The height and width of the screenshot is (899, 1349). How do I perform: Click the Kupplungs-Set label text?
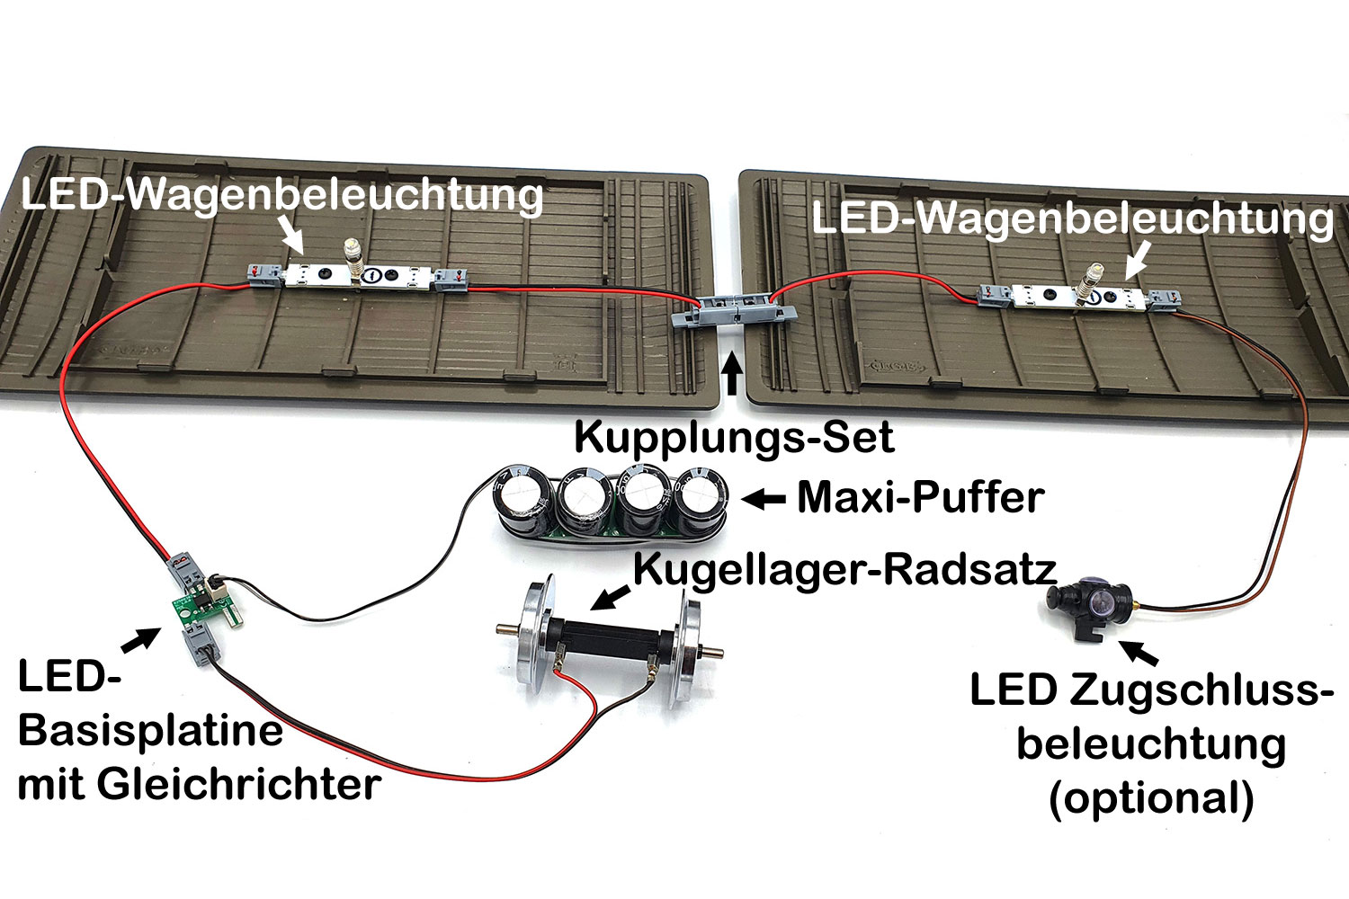pyautogui.click(x=733, y=438)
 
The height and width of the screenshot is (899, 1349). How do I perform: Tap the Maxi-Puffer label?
pyautogui.click(x=920, y=497)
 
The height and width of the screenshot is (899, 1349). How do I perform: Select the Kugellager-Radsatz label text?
pyautogui.click(x=844, y=569)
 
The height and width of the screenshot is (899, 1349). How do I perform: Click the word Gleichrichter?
pyautogui.click(x=238, y=784)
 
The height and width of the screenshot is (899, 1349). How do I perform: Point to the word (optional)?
pyautogui.click(x=1151, y=797)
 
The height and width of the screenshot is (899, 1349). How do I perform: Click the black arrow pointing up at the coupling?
pyautogui.click(x=733, y=374)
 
